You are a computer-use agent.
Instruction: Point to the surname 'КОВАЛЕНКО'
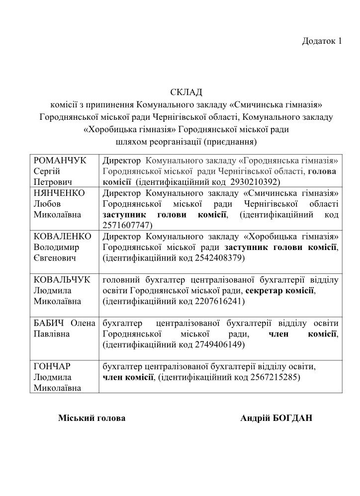point(62,236)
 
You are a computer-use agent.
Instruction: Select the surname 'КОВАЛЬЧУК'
point(62,279)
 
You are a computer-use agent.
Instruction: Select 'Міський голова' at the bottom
point(92,418)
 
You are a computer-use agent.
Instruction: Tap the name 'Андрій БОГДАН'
point(276,418)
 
